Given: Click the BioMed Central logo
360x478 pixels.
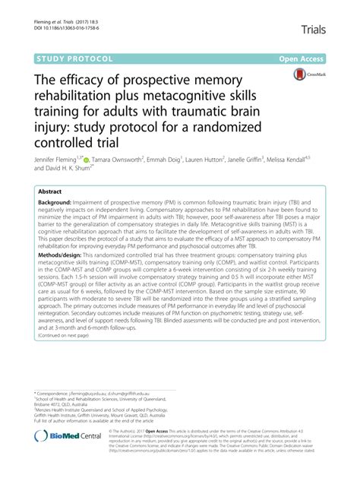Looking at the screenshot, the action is [x=77, y=457].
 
